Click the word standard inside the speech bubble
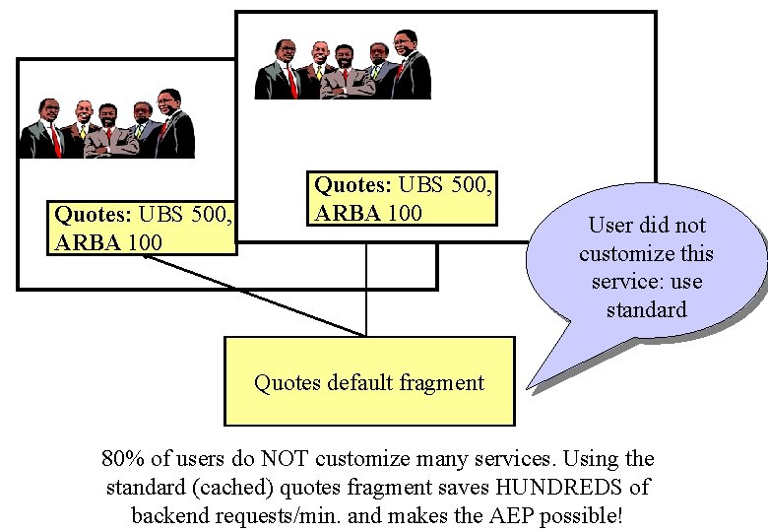[646, 310]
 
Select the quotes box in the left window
[143, 228]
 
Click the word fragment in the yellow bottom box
[443, 382]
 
